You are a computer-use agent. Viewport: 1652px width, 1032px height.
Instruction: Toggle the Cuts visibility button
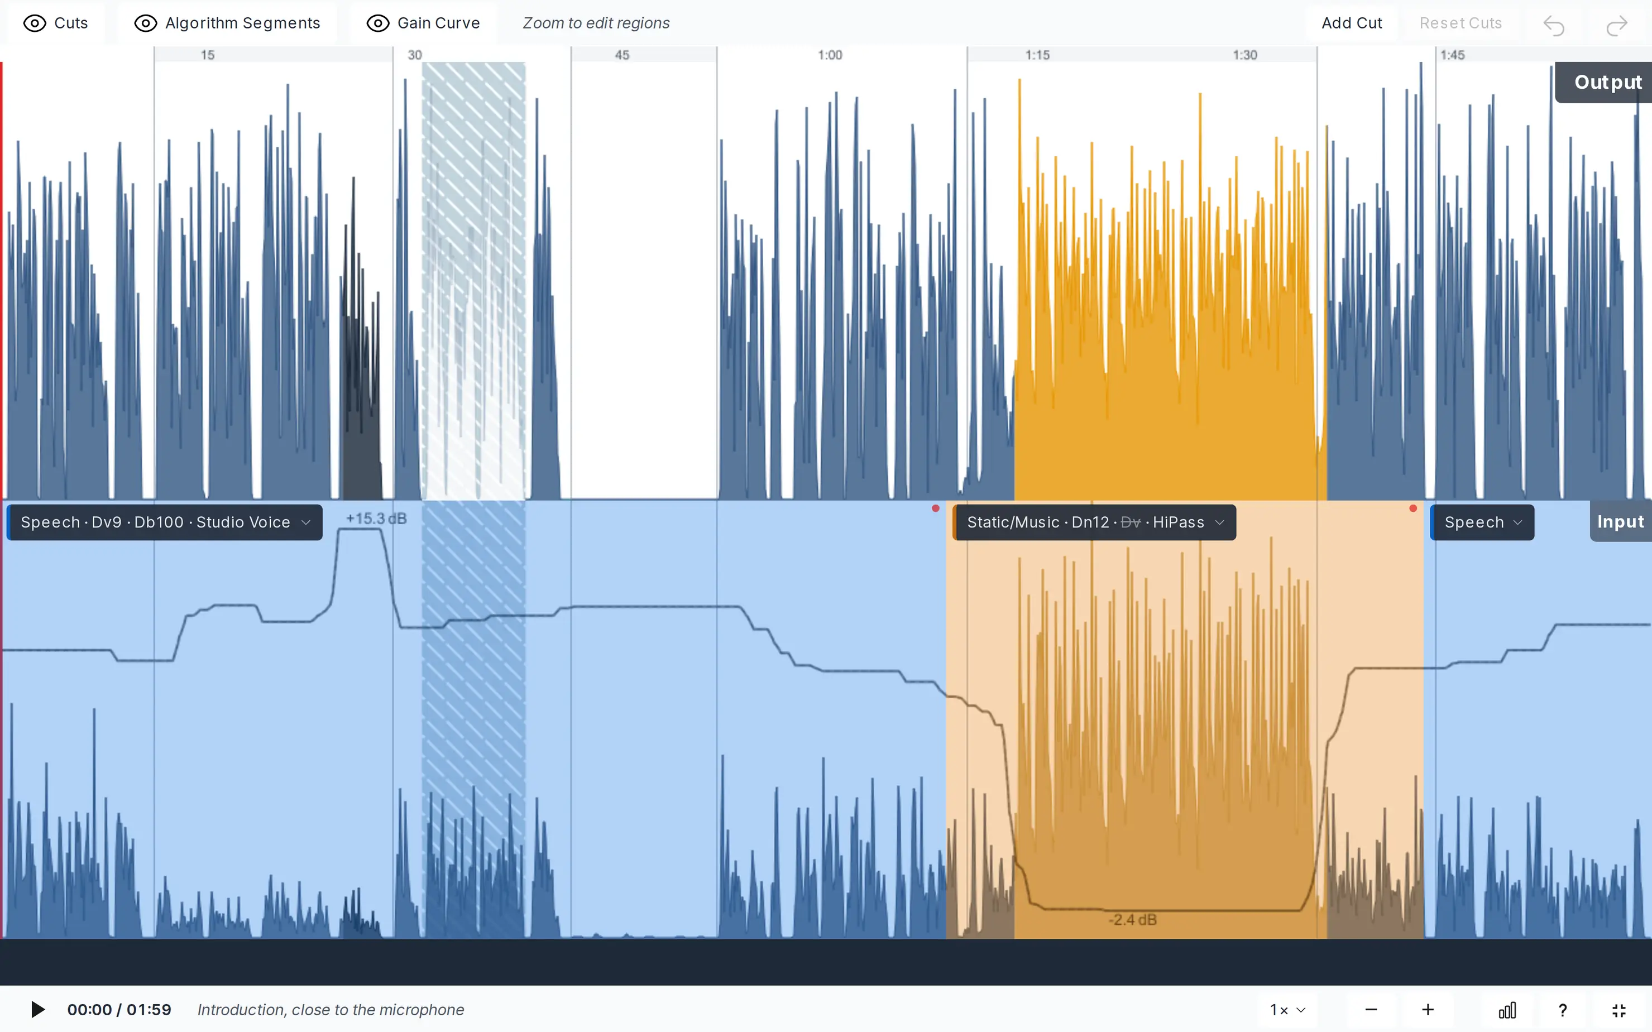tap(55, 23)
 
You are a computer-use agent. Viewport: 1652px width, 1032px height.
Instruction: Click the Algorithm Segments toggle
tap(227, 23)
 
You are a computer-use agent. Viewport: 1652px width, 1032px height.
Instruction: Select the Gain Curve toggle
tap(423, 23)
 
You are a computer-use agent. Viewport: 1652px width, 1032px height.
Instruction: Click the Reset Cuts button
tap(1460, 23)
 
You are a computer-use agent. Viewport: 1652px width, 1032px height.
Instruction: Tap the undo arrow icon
tap(1554, 25)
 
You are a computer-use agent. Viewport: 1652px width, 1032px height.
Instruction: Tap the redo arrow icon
tap(1616, 25)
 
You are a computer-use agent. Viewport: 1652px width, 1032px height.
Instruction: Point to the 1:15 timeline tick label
tap(1037, 55)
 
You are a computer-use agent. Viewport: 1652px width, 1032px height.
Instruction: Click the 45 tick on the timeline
tap(622, 55)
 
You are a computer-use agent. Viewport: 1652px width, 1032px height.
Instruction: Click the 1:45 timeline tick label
tap(1452, 55)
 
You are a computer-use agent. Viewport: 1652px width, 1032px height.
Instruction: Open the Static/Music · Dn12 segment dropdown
tap(1095, 522)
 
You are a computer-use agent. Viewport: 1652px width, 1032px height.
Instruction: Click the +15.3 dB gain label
tap(376, 519)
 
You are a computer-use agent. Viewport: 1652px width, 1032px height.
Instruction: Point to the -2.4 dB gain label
tap(1133, 920)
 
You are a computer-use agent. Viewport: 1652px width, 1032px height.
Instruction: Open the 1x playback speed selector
tap(1287, 1010)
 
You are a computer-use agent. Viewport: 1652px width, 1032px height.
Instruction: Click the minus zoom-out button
tap(1371, 1010)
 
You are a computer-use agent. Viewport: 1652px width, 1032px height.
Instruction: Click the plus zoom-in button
tap(1428, 1010)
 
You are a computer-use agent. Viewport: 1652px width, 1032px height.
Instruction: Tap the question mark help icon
tap(1563, 1010)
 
